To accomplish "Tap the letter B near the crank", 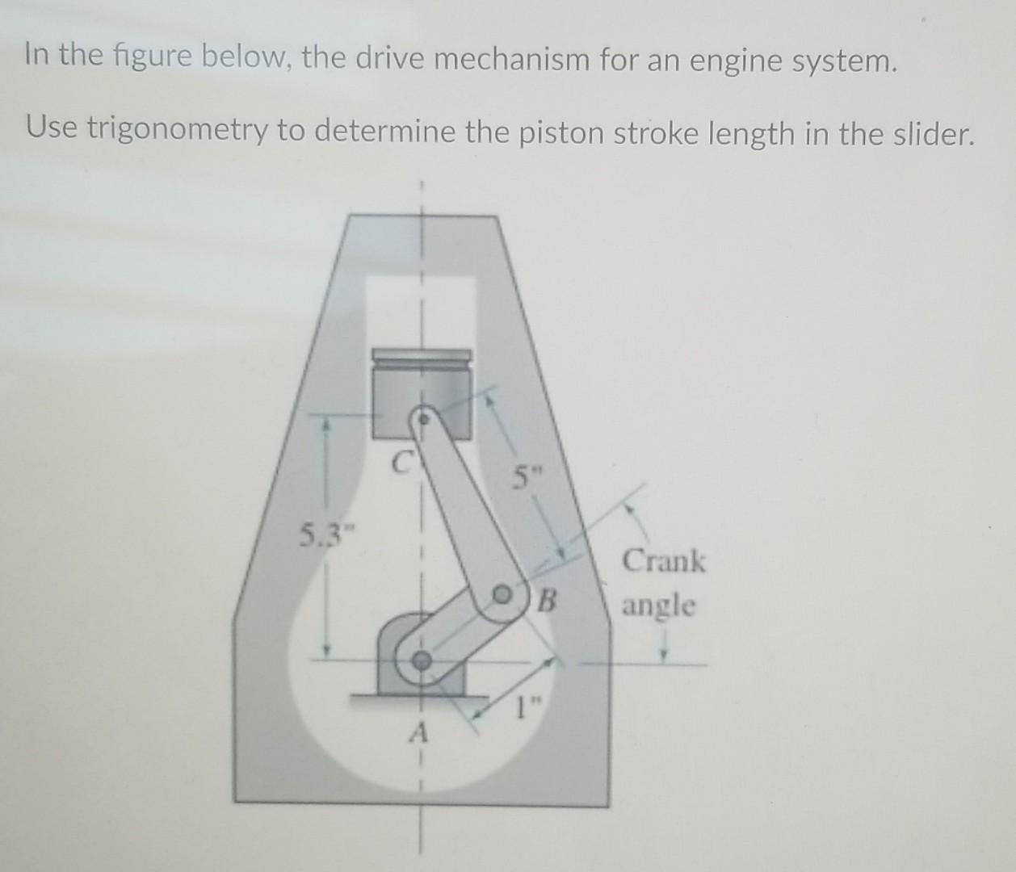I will [548, 600].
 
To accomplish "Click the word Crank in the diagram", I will [664, 560].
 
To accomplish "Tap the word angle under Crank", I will [657, 605].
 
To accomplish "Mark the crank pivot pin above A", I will [420, 660].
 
